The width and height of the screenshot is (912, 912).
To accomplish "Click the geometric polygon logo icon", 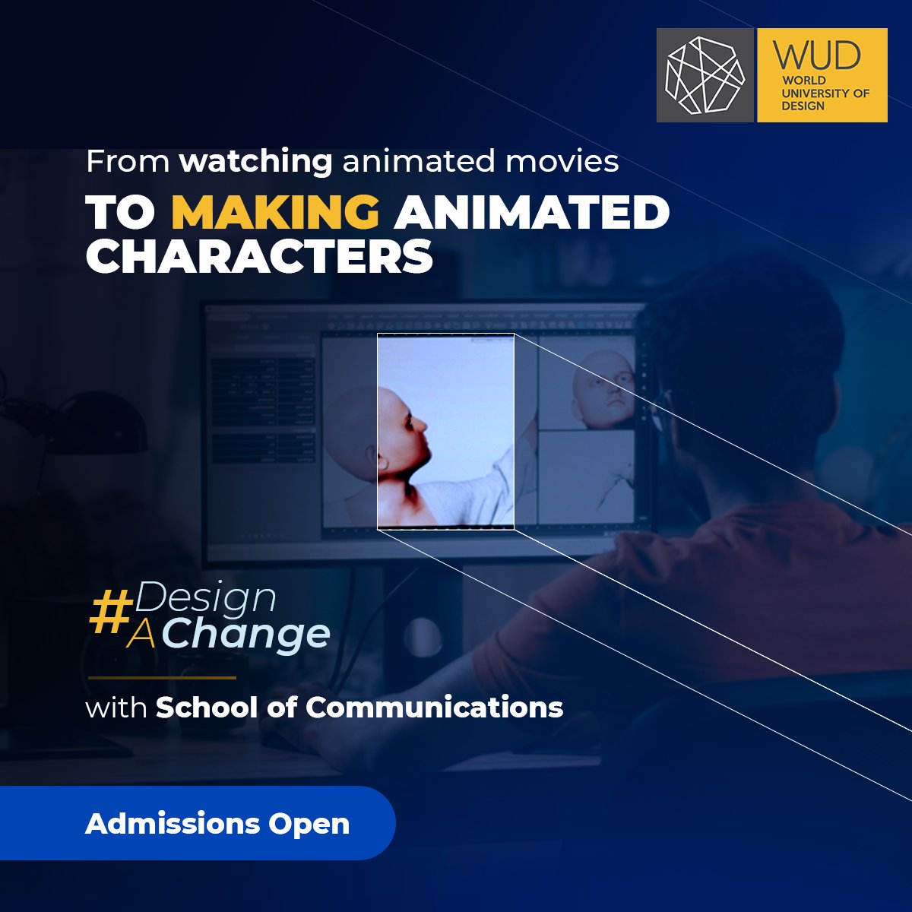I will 705,75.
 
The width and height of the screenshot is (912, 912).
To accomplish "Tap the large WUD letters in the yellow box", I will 816,55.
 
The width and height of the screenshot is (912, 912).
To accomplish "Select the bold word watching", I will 255,161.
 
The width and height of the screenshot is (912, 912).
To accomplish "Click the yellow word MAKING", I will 275,213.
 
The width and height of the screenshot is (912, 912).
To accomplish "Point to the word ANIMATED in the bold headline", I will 531,213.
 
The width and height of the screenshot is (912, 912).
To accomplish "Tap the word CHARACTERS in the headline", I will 259,256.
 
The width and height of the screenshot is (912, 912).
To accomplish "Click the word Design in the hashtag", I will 205,598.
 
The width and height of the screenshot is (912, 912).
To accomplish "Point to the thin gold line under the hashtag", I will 162,677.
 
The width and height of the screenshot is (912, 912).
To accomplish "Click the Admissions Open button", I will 217,824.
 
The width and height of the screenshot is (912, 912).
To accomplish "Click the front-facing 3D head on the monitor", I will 604,388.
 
